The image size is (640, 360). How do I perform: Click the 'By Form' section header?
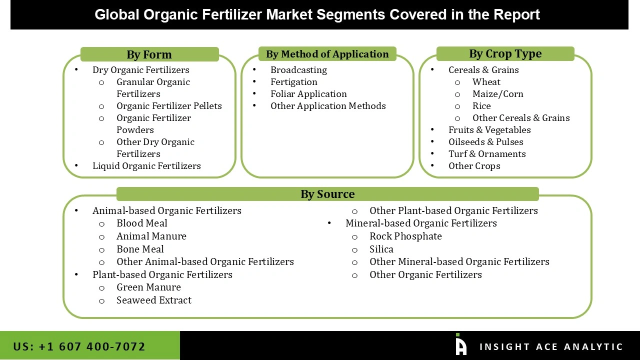point(149,54)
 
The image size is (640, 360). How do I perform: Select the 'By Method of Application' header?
point(327,54)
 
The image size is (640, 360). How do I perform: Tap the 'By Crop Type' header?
point(505,54)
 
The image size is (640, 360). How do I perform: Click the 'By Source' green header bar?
point(327,194)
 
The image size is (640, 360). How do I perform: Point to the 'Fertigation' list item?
point(293,82)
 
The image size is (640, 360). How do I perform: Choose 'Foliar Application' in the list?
point(308,94)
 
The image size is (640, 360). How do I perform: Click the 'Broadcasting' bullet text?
point(298,70)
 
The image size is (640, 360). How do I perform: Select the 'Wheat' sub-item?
point(486,82)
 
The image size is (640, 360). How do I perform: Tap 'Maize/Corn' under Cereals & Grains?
point(497,94)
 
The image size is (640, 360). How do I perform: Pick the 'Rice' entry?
point(481,106)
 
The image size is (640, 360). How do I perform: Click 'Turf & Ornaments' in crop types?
point(486,154)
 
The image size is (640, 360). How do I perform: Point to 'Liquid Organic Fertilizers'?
point(146,166)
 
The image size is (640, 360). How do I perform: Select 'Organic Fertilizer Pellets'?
point(169,106)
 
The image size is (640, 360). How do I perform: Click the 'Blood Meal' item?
point(141,223)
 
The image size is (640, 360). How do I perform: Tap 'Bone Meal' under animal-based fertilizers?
point(140,249)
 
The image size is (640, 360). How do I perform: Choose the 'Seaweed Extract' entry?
point(154,300)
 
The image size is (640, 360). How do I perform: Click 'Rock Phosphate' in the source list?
point(405,236)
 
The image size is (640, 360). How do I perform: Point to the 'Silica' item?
point(381,249)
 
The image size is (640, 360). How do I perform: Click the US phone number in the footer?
point(79,346)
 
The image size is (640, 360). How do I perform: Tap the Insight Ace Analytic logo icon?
point(460,345)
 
